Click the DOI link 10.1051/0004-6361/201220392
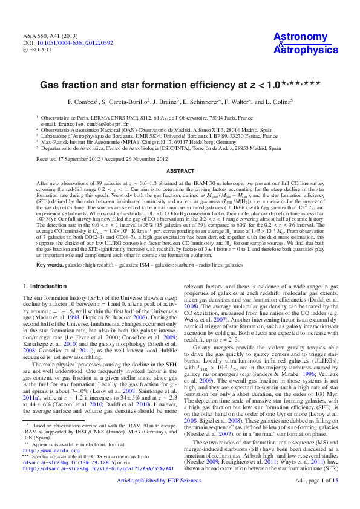click(75, 44)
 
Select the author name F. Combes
click(83, 102)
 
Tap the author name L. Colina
click(276, 102)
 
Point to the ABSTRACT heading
click(180, 171)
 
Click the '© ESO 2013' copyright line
click(38, 50)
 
